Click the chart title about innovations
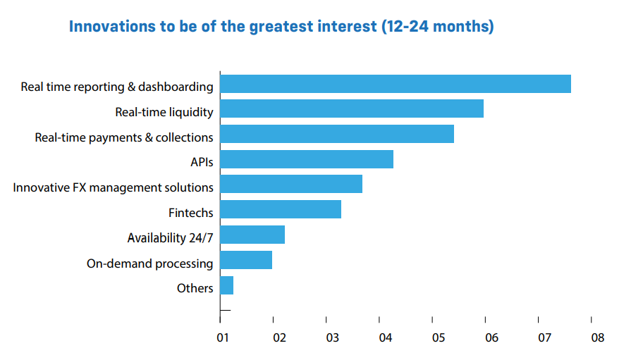(281, 27)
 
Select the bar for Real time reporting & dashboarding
(395, 84)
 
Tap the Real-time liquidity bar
(351, 109)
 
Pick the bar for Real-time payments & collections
(336, 134)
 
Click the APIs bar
(306, 159)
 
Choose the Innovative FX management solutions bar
(290, 184)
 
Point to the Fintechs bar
(280, 209)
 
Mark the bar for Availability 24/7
(252, 235)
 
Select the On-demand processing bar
(245, 260)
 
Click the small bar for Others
(226, 285)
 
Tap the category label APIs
(202, 162)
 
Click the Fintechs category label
(190, 213)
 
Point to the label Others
(195, 288)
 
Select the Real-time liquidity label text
(164, 112)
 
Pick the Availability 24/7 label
(170, 238)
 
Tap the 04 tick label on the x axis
(385, 337)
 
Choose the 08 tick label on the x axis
(597, 337)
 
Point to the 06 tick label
(491, 337)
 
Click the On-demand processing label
(149, 263)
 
